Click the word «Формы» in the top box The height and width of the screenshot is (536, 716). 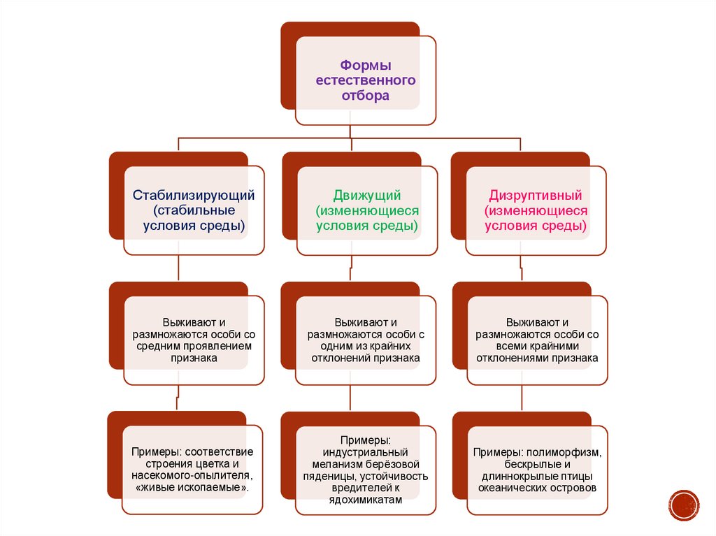366,65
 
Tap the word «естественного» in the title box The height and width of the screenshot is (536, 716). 366,80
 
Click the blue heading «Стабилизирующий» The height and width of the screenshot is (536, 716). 194,194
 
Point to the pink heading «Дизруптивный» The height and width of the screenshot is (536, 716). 536,194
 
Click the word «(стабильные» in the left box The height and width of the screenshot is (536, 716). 194,210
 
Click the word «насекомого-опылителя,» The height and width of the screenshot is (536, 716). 194,476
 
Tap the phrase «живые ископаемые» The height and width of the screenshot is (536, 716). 192,487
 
